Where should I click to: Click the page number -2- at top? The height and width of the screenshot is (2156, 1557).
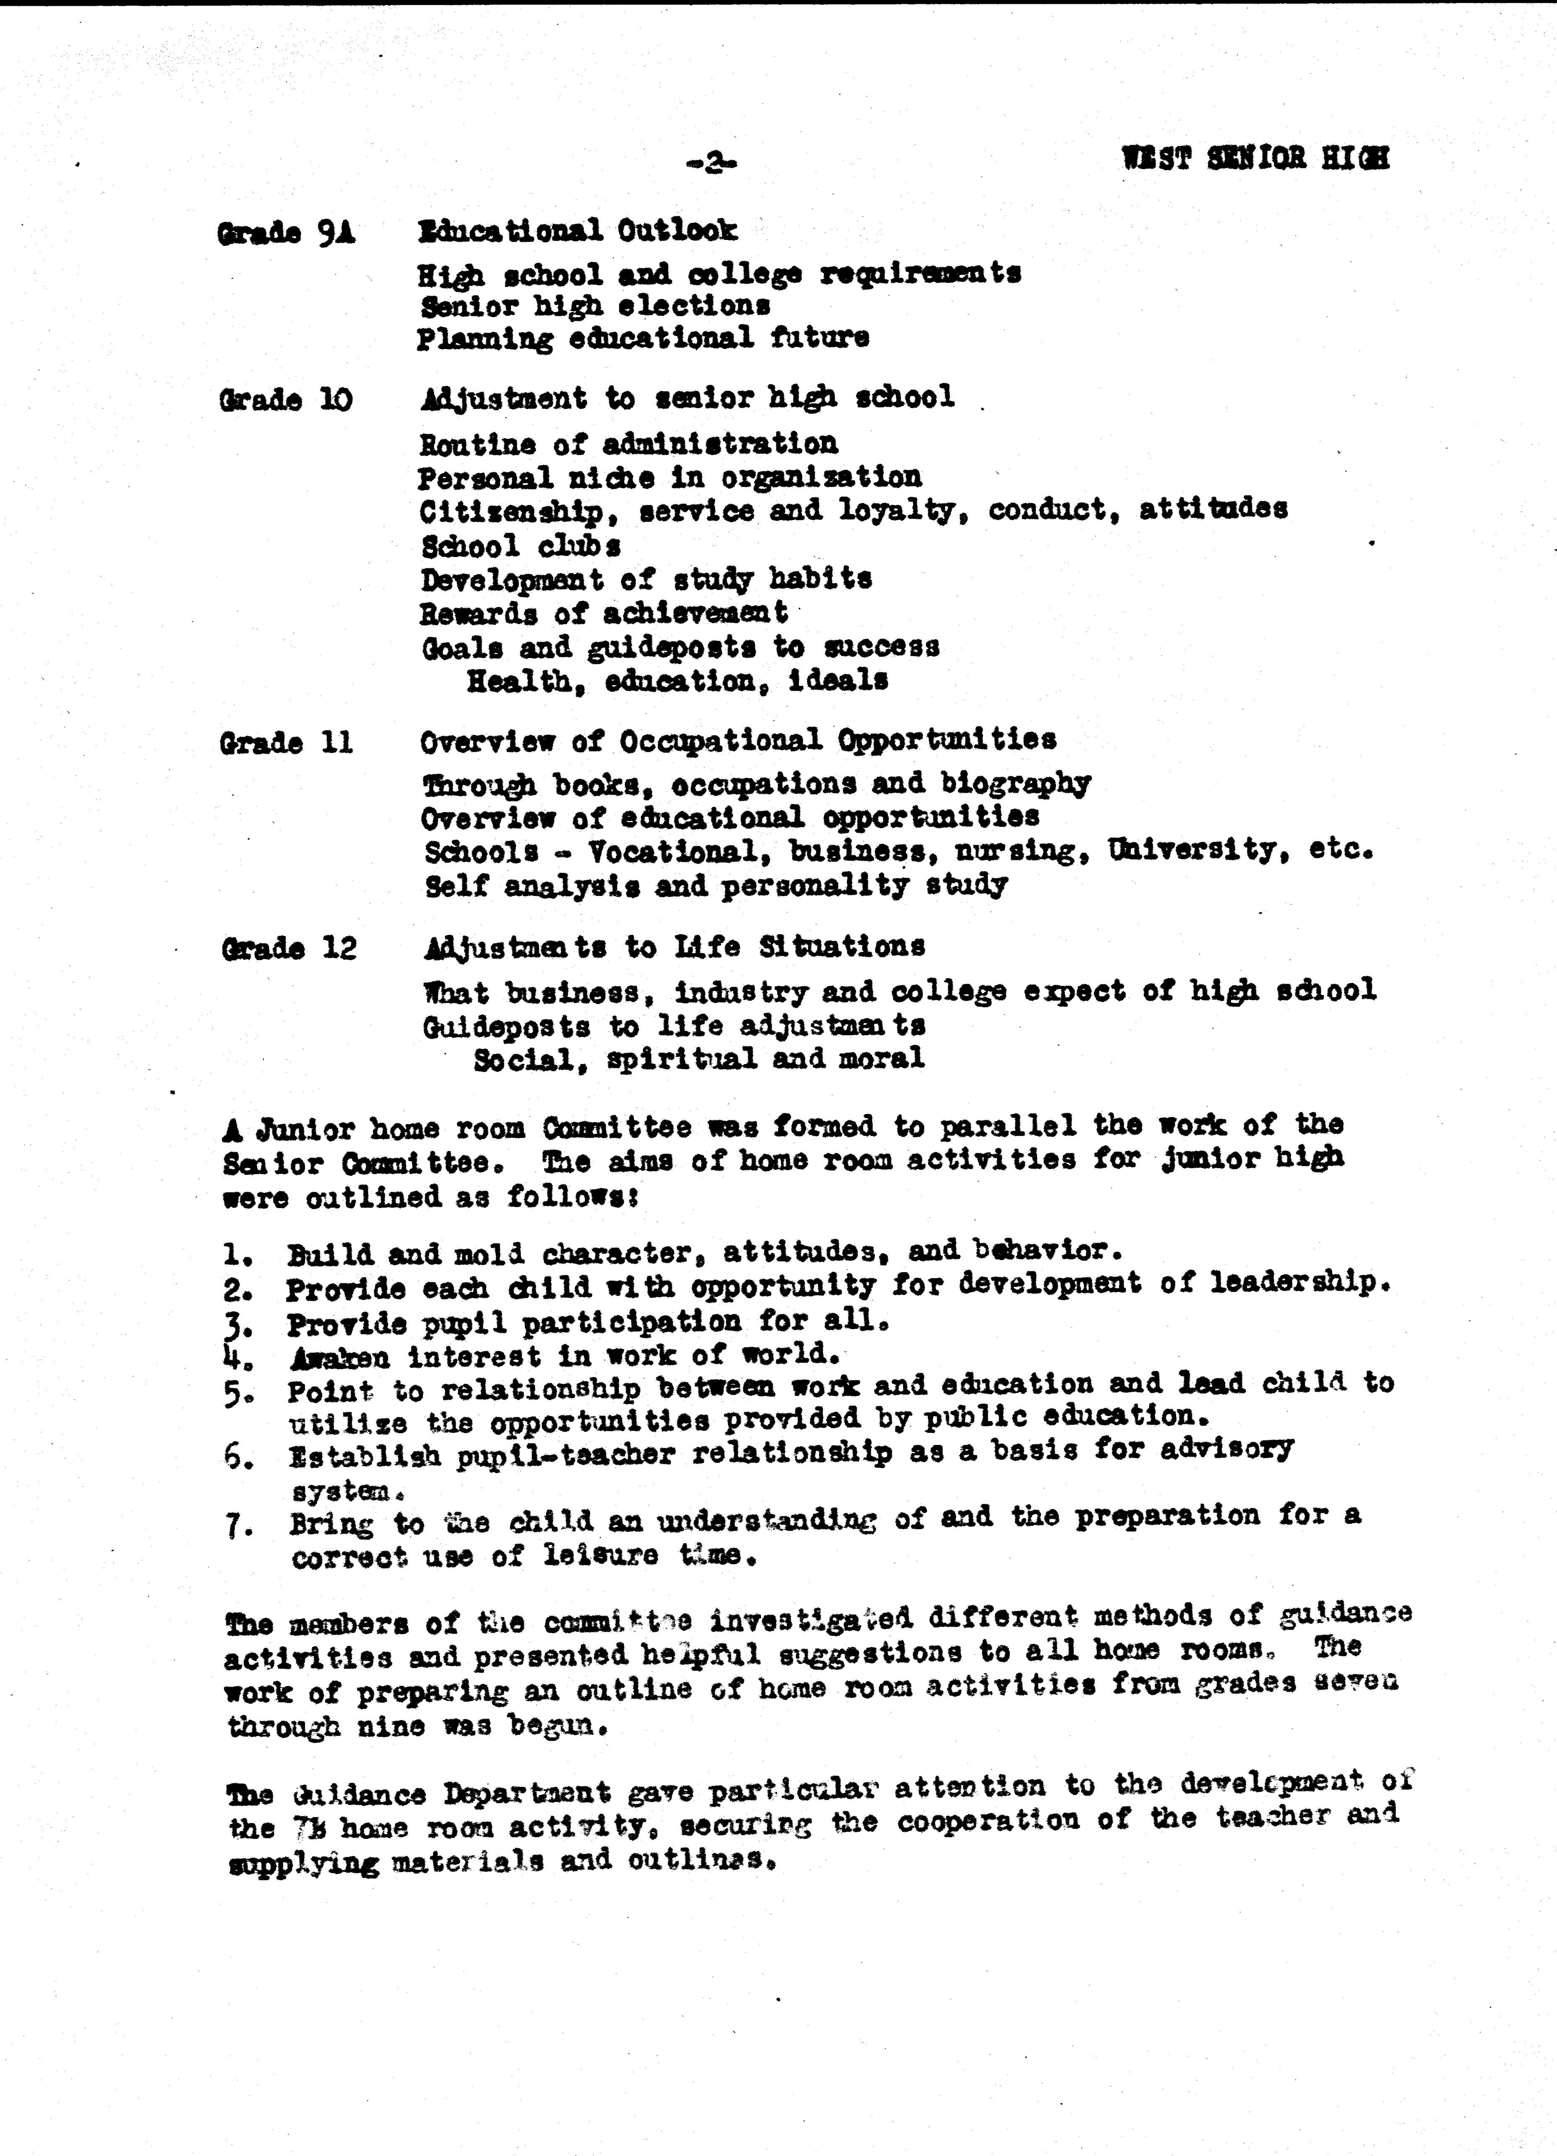[711, 164]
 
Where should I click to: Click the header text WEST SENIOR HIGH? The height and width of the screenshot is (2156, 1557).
[1255, 158]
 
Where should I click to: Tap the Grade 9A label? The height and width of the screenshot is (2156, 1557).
[286, 233]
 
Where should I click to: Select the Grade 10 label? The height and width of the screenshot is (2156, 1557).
[285, 399]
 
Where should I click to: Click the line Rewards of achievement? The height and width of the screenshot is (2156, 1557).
[604, 613]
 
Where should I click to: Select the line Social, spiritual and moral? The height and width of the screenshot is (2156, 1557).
[699, 1058]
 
